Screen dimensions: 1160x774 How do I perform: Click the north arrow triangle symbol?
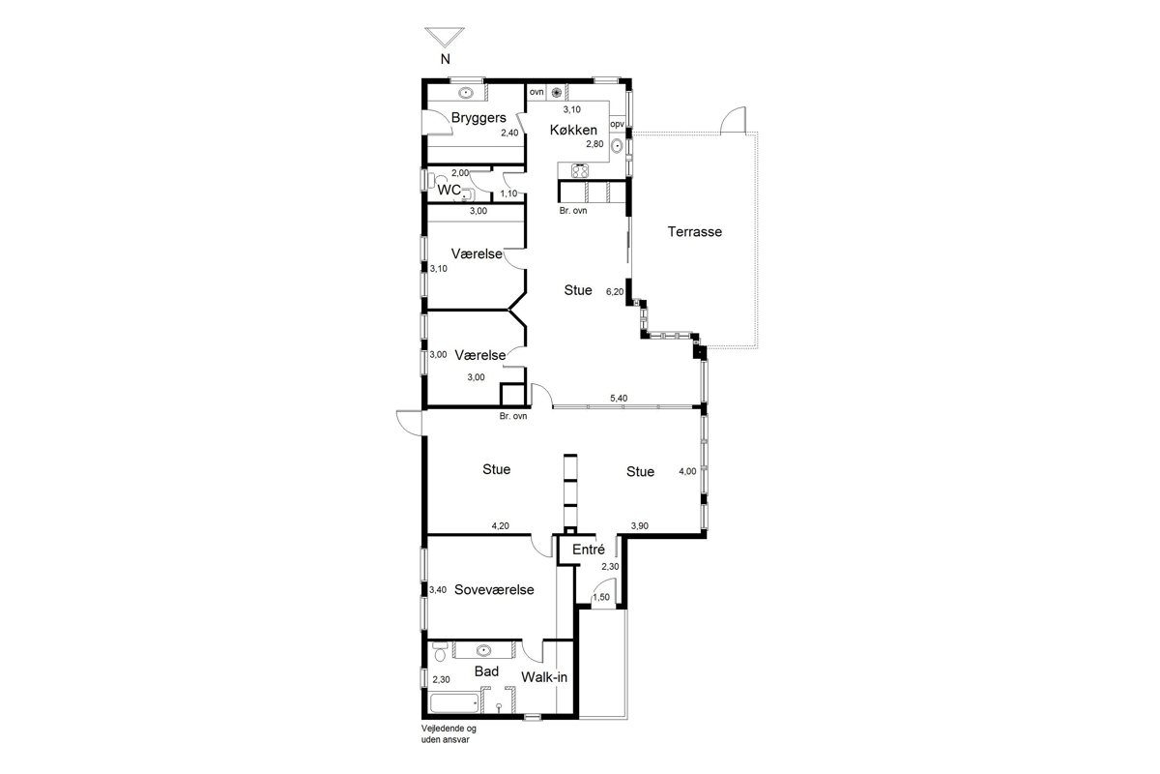click(x=445, y=38)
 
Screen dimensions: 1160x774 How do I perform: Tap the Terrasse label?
click(x=694, y=232)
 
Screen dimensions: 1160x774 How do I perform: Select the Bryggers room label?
click(x=478, y=118)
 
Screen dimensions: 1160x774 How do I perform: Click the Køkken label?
click(x=573, y=130)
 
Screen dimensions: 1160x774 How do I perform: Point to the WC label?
click(x=449, y=191)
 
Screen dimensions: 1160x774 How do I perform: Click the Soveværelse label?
click(x=494, y=589)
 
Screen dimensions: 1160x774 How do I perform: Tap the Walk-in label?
click(x=544, y=677)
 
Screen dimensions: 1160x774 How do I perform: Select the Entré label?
click(x=589, y=550)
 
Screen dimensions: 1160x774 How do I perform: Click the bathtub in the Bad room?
click(x=454, y=703)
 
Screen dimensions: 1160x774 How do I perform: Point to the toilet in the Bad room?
click(x=440, y=653)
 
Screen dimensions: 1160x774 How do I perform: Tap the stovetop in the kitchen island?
click(x=580, y=170)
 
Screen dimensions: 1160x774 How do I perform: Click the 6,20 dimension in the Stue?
click(x=615, y=292)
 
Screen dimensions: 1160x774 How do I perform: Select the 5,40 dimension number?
click(x=619, y=399)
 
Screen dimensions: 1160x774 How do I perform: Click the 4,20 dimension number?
click(x=501, y=525)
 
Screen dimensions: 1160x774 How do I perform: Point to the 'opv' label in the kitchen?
click(x=618, y=125)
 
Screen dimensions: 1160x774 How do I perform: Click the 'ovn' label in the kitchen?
click(x=536, y=92)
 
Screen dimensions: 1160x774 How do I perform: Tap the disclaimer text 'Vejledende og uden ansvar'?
click(x=449, y=734)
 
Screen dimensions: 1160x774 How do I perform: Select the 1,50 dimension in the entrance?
click(x=601, y=597)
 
